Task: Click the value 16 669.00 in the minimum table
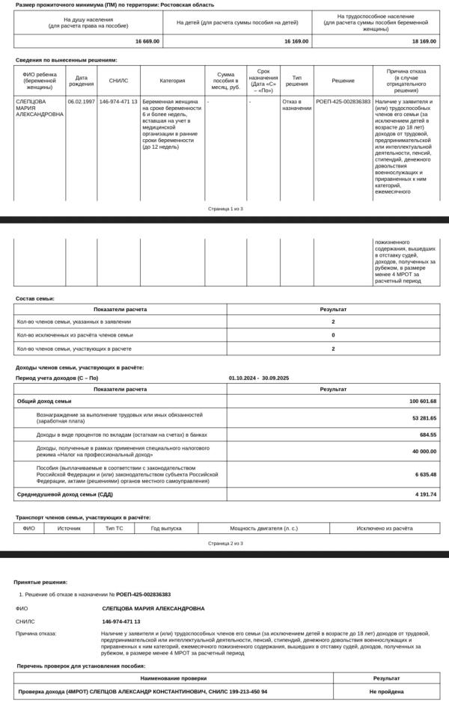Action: (147, 42)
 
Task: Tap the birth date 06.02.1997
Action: (81, 101)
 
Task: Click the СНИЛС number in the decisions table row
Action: (118, 101)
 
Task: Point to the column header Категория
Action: (172, 80)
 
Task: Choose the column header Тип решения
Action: (296, 80)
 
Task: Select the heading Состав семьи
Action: (35, 298)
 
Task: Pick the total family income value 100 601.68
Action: (423, 401)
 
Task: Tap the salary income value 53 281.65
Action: (424, 417)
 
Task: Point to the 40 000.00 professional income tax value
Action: (424, 451)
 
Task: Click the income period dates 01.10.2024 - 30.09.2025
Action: (259, 378)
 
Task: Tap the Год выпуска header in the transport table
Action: (166, 528)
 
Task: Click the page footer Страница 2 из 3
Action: (225, 543)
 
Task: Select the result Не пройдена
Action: (387, 692)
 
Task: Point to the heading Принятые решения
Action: (40, 582)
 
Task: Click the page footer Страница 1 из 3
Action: (225, 209)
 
